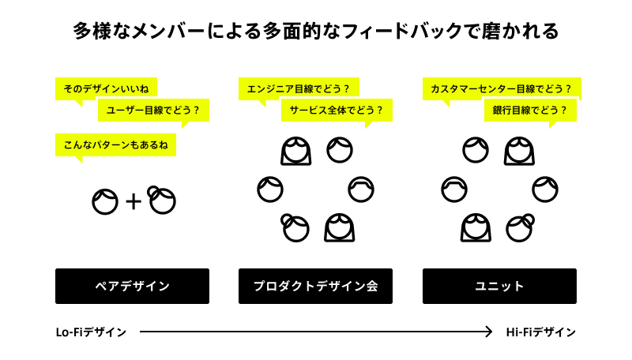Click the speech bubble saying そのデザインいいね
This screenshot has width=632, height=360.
coord(106,88)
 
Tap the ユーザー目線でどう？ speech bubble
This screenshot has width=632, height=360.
coord(153,111)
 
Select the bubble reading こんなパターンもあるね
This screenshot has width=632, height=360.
coord(115,145)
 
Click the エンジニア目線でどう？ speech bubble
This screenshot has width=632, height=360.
coord(298,88)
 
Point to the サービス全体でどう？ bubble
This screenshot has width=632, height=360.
coord(337,111)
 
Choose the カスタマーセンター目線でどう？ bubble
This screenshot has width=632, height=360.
coord(501,88)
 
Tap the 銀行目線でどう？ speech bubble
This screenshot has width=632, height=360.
coord(530,111)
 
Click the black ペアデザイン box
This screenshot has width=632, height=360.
coord(132,286)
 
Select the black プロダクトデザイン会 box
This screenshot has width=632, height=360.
coord(315,286)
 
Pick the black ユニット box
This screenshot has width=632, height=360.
coord(499,286)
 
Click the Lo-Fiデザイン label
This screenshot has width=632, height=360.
coord(91,332)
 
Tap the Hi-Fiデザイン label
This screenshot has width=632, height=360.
coord(541,332)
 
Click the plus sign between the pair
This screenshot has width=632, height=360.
coord(134,202)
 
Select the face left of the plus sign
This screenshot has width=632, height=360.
coord(105,202)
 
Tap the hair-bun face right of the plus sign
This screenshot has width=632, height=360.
coord(162,201)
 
